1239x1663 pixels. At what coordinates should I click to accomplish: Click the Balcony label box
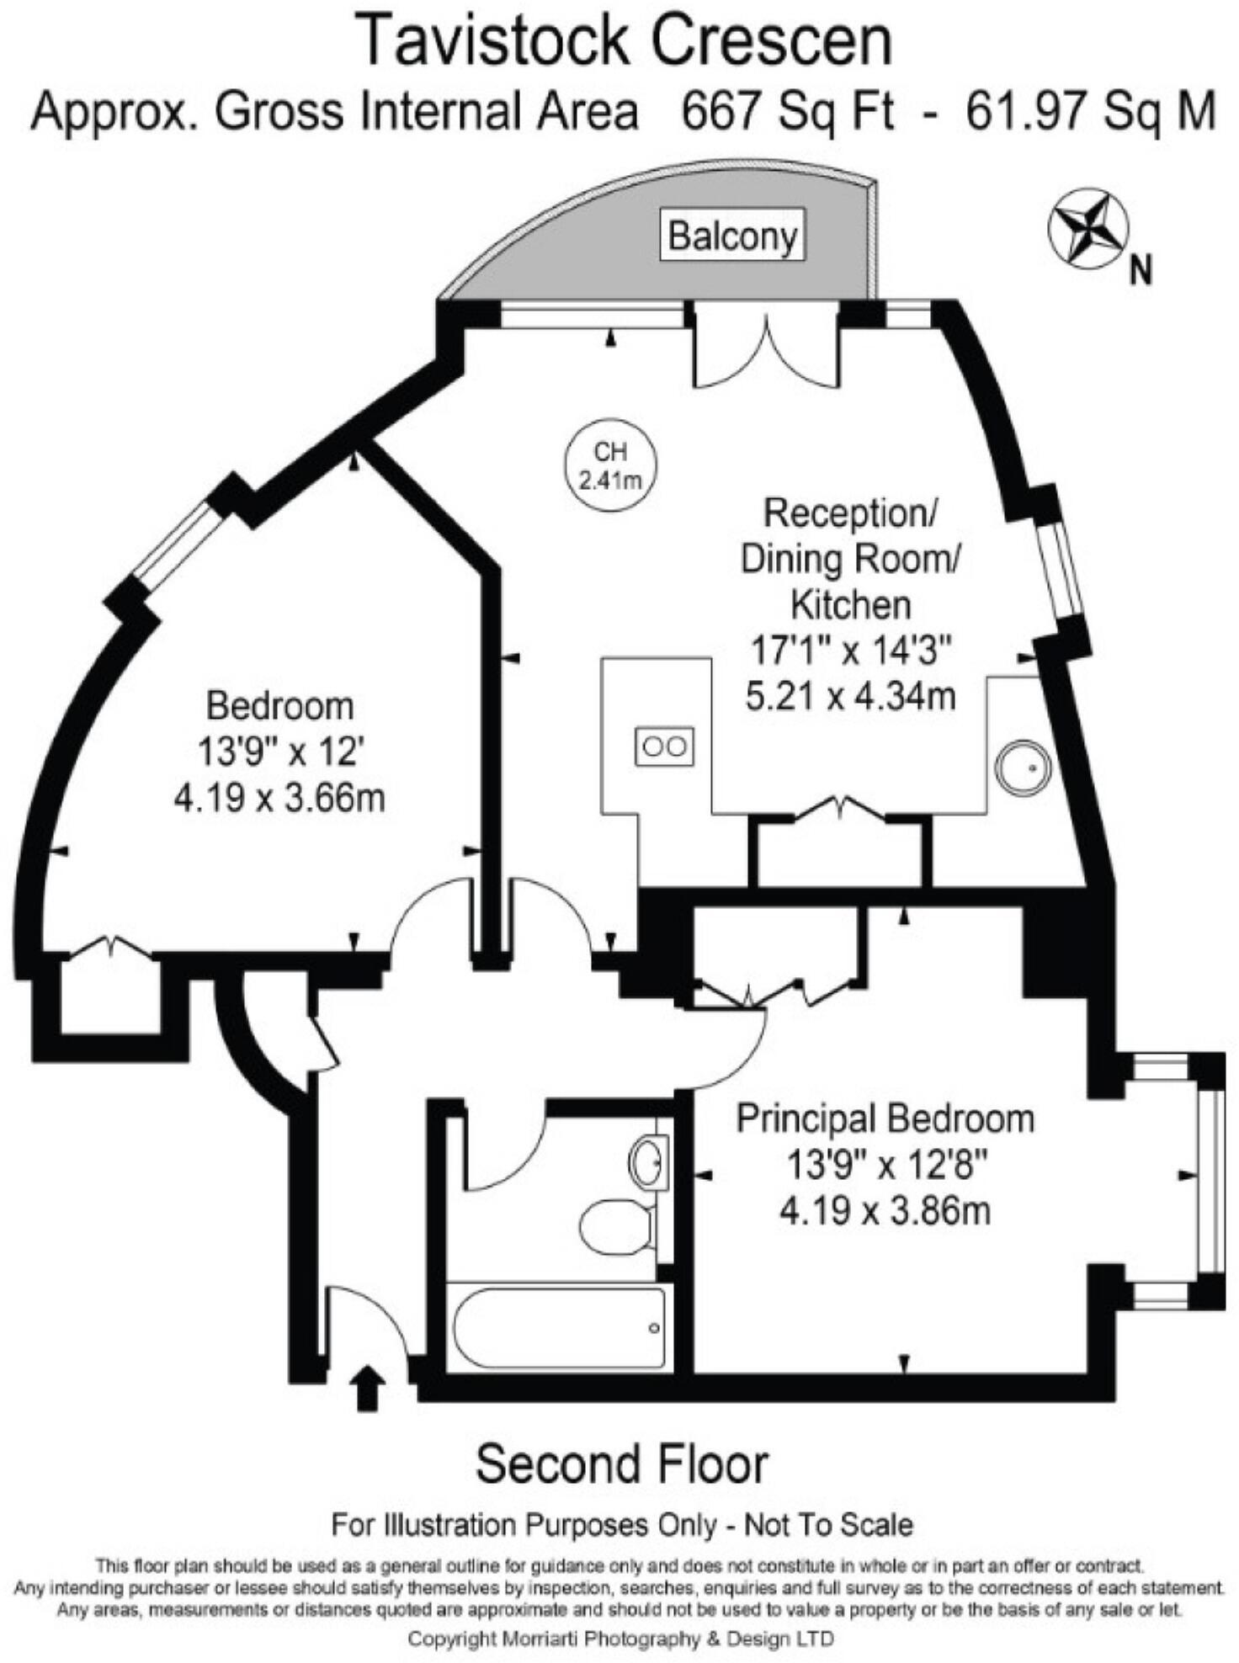point(731,236)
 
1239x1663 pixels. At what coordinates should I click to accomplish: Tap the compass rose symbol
point(1087,228)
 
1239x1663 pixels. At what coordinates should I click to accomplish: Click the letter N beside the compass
point(1141,272)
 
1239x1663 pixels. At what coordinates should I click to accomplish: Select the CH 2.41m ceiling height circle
point(609,465)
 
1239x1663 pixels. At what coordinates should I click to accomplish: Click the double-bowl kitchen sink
point(664,746)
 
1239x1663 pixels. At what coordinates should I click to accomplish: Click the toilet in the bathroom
point(616,1226)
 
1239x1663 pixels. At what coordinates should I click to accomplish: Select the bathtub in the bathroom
point(558,1327)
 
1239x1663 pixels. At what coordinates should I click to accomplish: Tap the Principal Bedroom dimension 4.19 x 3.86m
point(885,1211)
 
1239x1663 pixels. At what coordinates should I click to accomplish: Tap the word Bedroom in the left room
point(279,705)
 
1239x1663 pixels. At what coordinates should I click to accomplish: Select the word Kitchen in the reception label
point(850,604)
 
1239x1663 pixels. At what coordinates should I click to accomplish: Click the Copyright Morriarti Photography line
point(620,1639)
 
